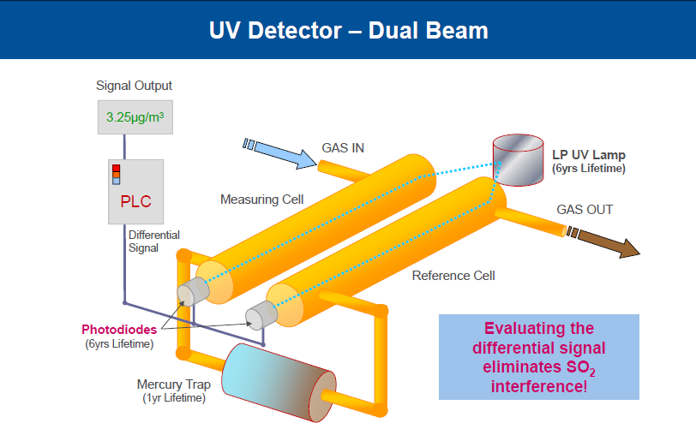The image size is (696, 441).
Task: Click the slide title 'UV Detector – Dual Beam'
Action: click(348, 31)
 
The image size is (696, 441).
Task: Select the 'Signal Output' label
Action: click(135, 86)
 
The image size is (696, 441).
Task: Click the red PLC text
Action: click(135, 201)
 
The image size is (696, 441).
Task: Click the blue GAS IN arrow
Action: click(280, 151)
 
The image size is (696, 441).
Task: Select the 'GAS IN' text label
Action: click(343, 147)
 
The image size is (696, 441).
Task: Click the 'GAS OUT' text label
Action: click(585, 210)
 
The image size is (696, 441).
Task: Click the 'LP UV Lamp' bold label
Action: click(588, 155)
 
